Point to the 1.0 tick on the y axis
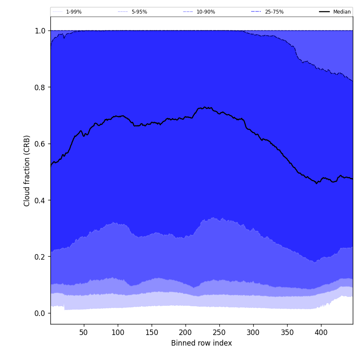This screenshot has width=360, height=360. (40, 31)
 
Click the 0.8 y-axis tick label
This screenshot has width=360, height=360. (40, 87)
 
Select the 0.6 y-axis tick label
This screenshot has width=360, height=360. (40, 144)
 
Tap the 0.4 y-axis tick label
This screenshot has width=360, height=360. (40, 200)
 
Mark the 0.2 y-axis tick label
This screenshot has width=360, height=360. (40, 257)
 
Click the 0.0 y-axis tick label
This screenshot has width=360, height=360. (40, 313)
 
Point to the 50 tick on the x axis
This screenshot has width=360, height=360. (84, 332)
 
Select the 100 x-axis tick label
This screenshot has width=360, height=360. (118, 332)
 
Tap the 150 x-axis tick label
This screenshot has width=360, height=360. (152, 332)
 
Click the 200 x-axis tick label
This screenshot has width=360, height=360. (186, 332)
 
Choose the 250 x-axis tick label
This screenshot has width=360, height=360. (219, 332)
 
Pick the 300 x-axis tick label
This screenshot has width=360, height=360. (253, 332)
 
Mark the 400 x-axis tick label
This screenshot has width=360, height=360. (321, 332)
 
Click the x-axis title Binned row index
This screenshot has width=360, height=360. (202, 343)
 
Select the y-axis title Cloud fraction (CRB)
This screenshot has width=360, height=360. (27, 171)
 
